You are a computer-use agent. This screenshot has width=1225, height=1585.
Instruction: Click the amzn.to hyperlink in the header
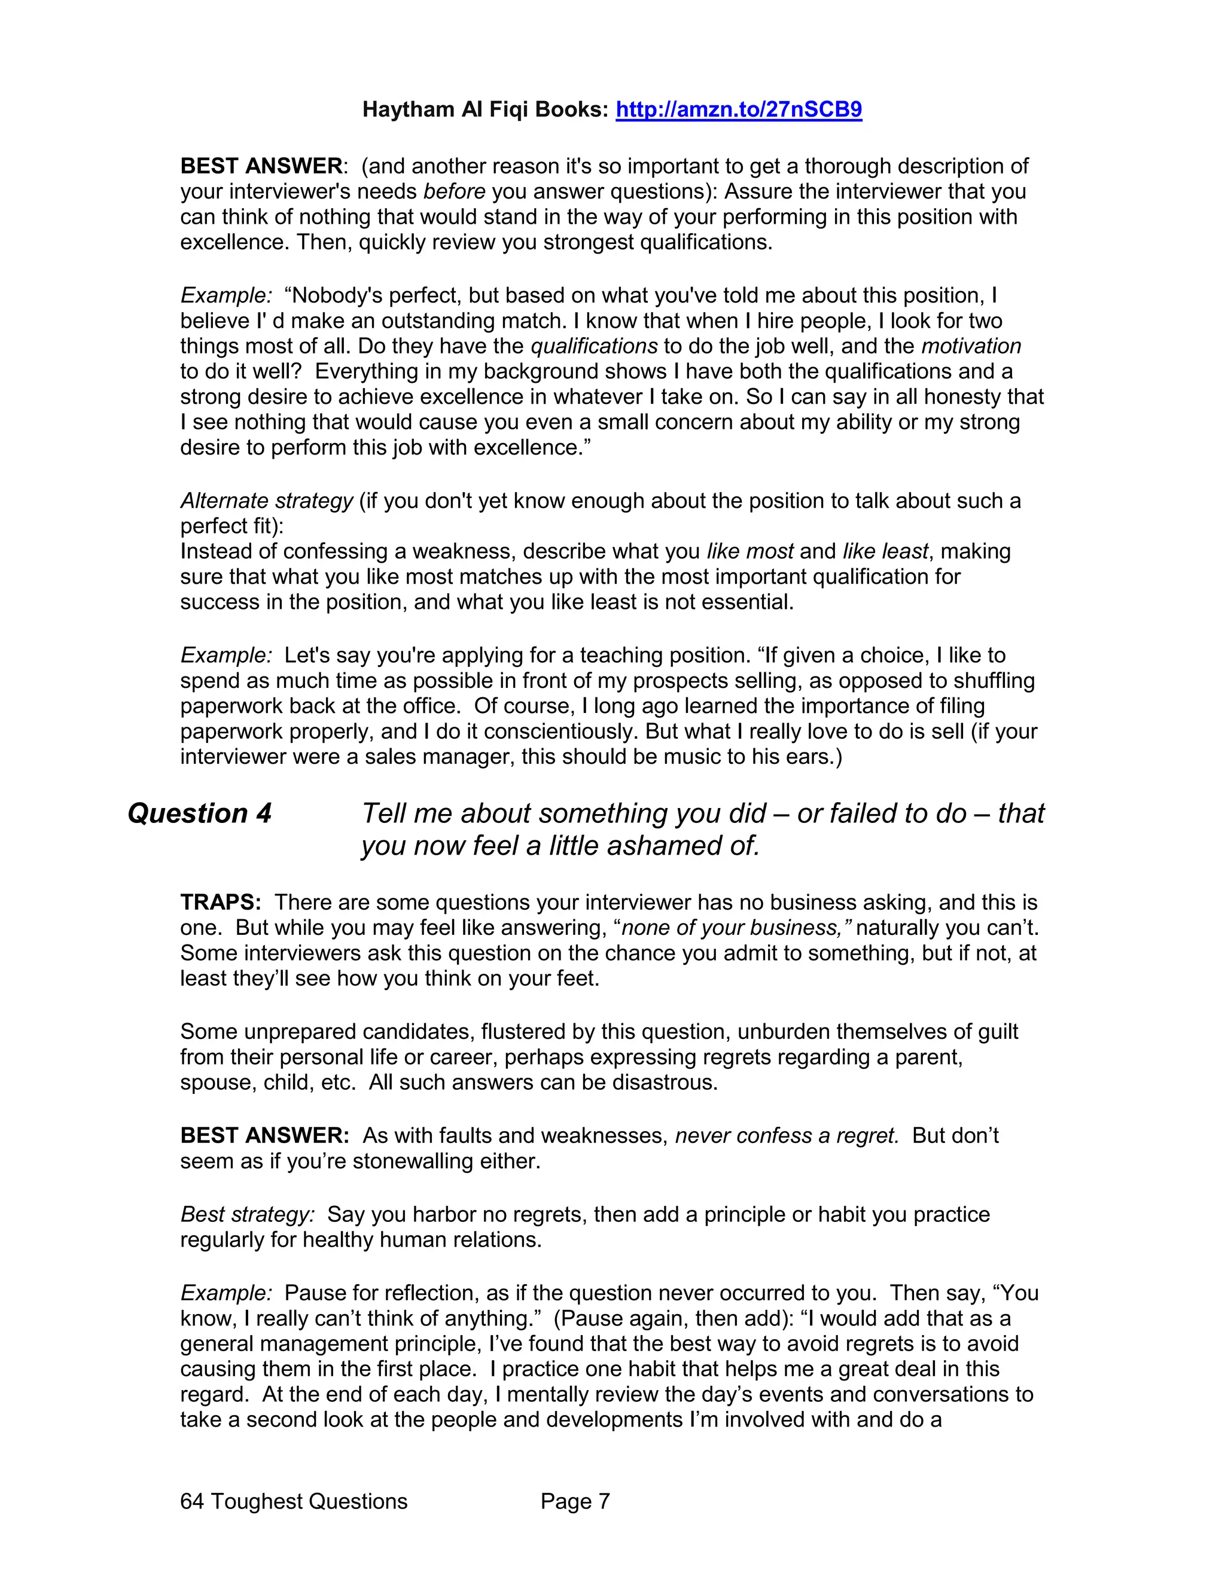click(x=738, y=109)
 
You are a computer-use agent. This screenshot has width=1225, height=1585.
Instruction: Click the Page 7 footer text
click(x=575, y=1501)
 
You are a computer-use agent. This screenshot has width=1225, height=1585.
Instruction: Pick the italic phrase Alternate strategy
click(x=266, y=501)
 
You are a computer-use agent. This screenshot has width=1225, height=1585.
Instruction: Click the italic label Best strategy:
click(x=248, y=1214)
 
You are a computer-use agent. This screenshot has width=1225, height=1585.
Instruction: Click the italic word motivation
click(x=971, y=346)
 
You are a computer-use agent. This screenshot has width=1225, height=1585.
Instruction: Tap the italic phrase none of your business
click(x=735, y=928)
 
